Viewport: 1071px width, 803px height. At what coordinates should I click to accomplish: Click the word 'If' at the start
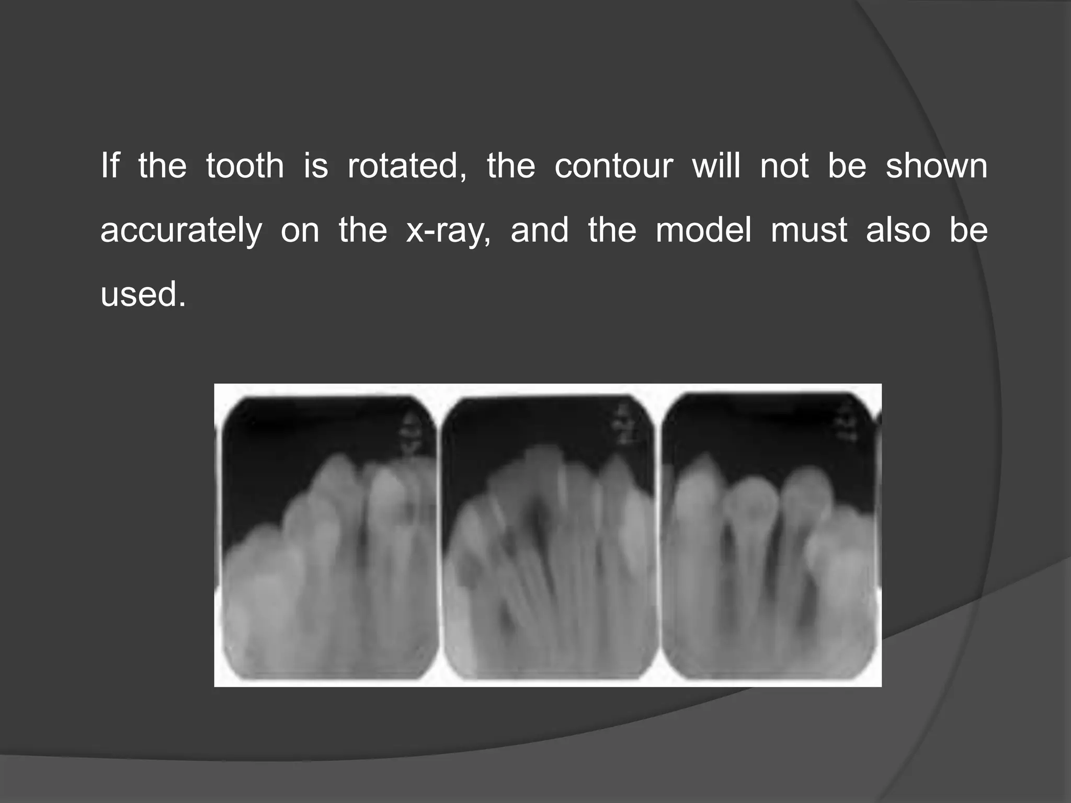pyautogui.click(x=110, y=166)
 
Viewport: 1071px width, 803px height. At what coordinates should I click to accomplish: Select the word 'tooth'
pyautogui.click(x=245, y=166)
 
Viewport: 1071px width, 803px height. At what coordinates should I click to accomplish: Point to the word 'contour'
pyautogui.click(x=613, y=166)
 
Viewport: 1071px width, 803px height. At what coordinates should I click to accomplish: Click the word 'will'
pyautogui.click(x=716, y=166)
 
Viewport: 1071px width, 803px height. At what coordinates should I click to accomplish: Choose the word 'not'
pyautogui.click(x=784, y=166)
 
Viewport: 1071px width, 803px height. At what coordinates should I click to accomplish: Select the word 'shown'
pyautogui.click(x=936, y=166)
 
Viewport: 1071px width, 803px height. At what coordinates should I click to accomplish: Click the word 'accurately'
pyautogui.click(x=181, y=231)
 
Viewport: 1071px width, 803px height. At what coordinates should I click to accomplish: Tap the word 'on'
pyautogui.click(x=300, y=231)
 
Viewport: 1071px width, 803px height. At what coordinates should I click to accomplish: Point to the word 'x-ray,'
pyautogui.click(x=448, y=231)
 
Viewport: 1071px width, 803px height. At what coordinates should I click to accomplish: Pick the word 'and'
pyautogui.click(x=539, y=231)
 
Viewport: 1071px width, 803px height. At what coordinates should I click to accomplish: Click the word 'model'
pyautogui.click(x=703, y=231)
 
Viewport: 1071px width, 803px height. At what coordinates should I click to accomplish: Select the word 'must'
pyautogui.click(x=808, y=231)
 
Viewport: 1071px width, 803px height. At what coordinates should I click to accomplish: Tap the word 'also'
pyautogui.click(x=898, y=231)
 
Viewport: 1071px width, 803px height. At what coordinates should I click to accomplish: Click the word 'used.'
pyautogui.click(x=143, y=295)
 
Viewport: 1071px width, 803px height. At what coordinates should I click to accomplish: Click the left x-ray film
pyautogui.click(x=329, y=538)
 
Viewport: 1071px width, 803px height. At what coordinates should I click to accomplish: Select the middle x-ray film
pyautogui.click(x=549, y=538)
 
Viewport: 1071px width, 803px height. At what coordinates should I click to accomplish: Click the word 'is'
pyautogui.click(x=316, y=166)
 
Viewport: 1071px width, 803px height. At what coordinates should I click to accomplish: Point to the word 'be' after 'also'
pyautogui.click(x=969, y=231)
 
